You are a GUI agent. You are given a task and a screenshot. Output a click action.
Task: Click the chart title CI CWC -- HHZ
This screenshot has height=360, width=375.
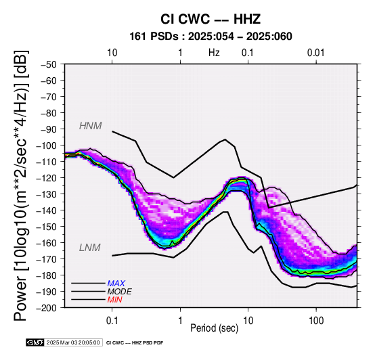pyautogui.click(x=211, y=19)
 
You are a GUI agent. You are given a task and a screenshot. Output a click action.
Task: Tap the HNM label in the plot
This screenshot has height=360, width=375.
pyautogui.click(x=91, y=126)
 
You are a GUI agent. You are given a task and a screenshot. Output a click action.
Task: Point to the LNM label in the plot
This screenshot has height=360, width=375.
pyautogui.click(x=89, y=248)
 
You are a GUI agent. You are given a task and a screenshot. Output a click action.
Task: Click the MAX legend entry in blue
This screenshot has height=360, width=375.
pyautogui.click(x=116, y=284)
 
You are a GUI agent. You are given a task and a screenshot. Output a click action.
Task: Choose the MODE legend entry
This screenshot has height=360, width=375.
pyautogui.click(x=119, y=292)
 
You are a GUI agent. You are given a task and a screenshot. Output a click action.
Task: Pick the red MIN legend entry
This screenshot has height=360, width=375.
pyautogui.click(x=114, y=300)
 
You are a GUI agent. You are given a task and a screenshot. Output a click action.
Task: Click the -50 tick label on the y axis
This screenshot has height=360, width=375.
pyautogui.click(x=49, y=64)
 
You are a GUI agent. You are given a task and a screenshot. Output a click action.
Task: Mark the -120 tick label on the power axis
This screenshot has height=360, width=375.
pyautogui.click(x=47, y=178)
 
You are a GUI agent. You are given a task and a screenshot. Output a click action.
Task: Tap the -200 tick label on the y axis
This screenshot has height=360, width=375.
pyautogui.click(x=47, y=308)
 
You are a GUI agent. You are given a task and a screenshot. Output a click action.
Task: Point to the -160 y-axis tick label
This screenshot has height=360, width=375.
pyautogui.click(x=47, y=243)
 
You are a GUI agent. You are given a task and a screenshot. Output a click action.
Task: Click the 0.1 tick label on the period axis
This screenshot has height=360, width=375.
pyautogui.click(x=112, y=321)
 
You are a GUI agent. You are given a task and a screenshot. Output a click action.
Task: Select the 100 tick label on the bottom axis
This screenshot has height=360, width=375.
pyautogui.click(x=316, y=321)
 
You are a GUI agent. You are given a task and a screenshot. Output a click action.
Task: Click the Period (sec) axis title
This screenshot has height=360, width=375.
pyautogui.click(x=215, y=328)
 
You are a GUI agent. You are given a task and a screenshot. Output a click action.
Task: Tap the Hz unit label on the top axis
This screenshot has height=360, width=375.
pyautogui.click(x=214, y=53)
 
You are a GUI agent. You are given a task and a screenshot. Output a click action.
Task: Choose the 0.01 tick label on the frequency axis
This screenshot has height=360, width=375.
pyautogui.click(x=315, y=53)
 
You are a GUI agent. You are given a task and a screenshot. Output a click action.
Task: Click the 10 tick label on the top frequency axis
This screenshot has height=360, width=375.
pyautogui.click(x=112, y=53)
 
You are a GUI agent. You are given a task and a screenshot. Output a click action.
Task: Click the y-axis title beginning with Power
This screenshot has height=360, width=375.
pyautogui.click(x=21, y=185)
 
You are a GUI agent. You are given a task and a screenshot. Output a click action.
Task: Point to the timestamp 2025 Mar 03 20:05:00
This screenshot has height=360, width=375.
pyautogui.click(x=73, y=342)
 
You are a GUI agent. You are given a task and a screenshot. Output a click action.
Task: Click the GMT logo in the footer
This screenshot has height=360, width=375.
pyautogui.click(x=35, y=342)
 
